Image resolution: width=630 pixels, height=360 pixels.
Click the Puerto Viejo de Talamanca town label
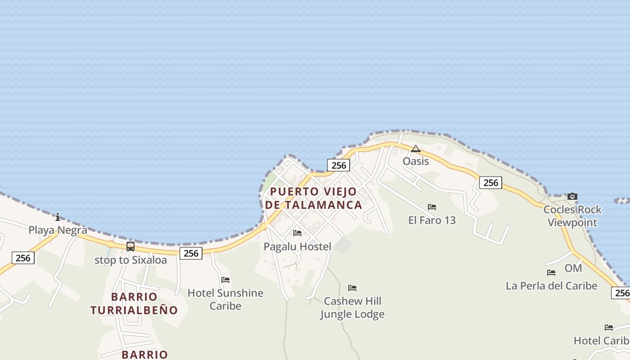(314, 198)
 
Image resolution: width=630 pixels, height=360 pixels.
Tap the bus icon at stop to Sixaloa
(130, 247)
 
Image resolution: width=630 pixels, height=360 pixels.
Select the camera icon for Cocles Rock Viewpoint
(572, 196)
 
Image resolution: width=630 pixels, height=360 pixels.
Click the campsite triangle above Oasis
(416, 148)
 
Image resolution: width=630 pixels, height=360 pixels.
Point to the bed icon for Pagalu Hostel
(297, 233)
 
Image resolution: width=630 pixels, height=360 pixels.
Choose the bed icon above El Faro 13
(432, 207)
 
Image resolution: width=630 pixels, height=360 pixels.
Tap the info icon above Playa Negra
(58, 217)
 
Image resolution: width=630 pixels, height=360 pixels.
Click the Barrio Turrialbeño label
(134, 303)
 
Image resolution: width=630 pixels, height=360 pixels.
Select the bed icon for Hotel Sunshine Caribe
(225, 280)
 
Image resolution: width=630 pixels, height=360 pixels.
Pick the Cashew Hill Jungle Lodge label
(352, 307)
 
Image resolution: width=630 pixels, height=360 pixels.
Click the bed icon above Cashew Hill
(352, 288)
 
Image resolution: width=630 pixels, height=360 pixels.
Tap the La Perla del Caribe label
(551, 286)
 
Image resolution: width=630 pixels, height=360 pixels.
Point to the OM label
(573, 268)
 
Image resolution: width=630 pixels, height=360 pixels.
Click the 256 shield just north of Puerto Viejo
(338, 165)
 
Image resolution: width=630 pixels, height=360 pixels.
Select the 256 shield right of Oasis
(490, 182)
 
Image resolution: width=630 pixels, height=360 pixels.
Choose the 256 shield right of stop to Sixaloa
(191, 253)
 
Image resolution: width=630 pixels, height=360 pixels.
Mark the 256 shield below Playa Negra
(23, 258)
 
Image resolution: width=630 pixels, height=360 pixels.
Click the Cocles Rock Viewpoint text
(572, 216)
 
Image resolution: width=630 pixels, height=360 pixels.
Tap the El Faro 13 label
(432, 220)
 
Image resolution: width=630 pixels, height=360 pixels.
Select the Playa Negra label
(58, 230)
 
